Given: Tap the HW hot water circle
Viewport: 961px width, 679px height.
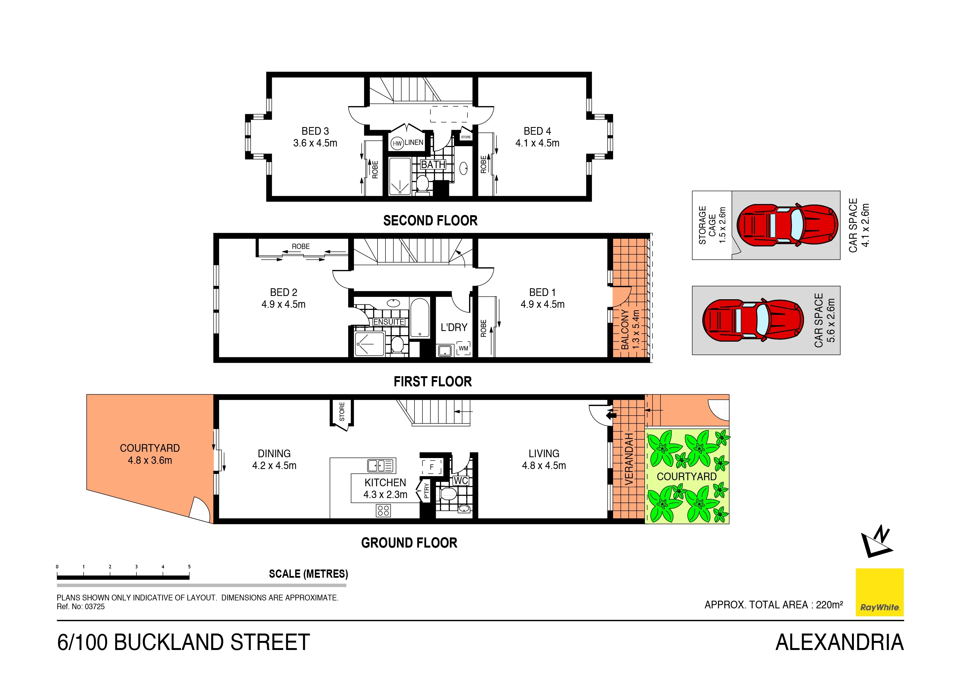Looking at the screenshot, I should coord(397,143).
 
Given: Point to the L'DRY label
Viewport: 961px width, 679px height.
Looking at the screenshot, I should coord(454,327).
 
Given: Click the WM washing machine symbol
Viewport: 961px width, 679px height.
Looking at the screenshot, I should coord(463,349).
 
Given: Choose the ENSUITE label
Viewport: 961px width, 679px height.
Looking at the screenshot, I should coord(388,322).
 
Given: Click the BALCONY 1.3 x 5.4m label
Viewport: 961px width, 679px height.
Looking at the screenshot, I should coord(630,330).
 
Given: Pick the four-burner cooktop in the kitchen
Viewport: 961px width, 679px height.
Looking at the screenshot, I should coord(384,510).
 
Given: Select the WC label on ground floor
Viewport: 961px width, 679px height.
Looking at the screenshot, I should coord(461,481).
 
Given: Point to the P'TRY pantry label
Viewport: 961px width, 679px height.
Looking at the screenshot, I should coord(426,490).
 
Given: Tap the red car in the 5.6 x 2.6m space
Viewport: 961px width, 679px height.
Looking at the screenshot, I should coord(753,320).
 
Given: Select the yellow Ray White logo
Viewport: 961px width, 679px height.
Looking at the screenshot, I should coord(879,592).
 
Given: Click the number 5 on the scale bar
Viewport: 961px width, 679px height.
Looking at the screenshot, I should coord(189,567).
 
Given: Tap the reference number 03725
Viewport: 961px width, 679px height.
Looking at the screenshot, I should coord(95,607).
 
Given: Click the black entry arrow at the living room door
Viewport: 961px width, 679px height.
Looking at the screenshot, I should coord(611,415).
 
